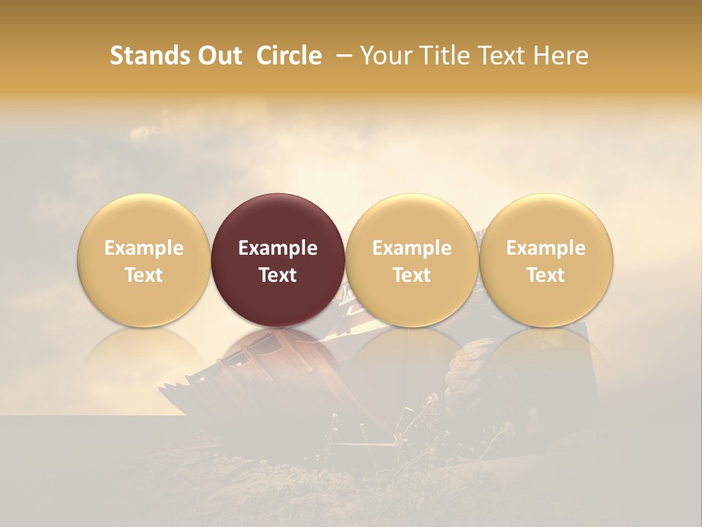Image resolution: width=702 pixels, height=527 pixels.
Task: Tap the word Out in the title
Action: (217, 56)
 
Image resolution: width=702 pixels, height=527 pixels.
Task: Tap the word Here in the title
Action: (561, 56)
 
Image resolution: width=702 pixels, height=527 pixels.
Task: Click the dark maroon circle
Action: (278, 220)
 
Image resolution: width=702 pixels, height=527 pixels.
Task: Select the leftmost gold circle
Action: (143, 220)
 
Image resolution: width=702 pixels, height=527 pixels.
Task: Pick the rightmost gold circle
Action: (546, 220)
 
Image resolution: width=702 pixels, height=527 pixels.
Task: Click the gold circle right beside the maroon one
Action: (412, 220)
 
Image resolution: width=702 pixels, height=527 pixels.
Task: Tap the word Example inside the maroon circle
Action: (278, 248)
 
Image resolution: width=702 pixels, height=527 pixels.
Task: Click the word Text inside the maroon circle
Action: (278, 275)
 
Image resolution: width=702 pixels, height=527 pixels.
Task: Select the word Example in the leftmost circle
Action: (143, 248)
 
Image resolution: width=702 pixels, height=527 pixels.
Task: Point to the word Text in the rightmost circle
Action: (546, 275)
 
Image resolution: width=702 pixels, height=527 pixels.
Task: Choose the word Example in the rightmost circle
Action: (546, 248)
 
